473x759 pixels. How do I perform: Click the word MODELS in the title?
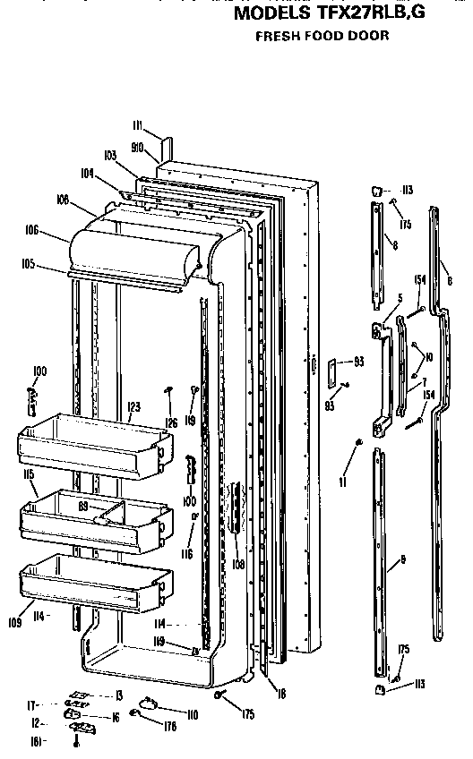(x=272, y=15)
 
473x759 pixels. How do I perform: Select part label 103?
(x=111, y=155)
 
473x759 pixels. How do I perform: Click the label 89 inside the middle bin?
(x=83, y=506)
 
